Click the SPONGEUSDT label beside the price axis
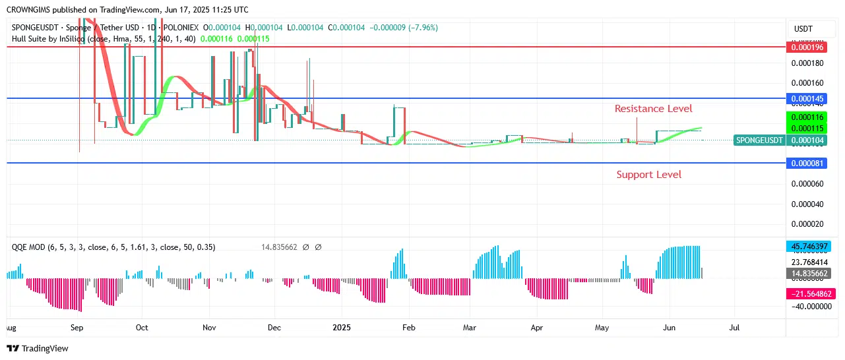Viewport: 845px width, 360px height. pos(759,140)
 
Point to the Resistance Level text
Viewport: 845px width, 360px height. pos(653,108)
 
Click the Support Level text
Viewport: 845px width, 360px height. pos(648,175)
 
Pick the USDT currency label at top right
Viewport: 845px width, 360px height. pos(803,29)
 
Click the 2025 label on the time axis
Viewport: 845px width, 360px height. pos(342,327)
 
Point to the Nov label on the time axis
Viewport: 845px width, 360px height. pos(209,327)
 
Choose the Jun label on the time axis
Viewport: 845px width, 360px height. pos(669,327)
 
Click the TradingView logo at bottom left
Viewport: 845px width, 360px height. pos(38,348)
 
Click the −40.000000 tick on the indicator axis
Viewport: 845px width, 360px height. pos(809,306)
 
